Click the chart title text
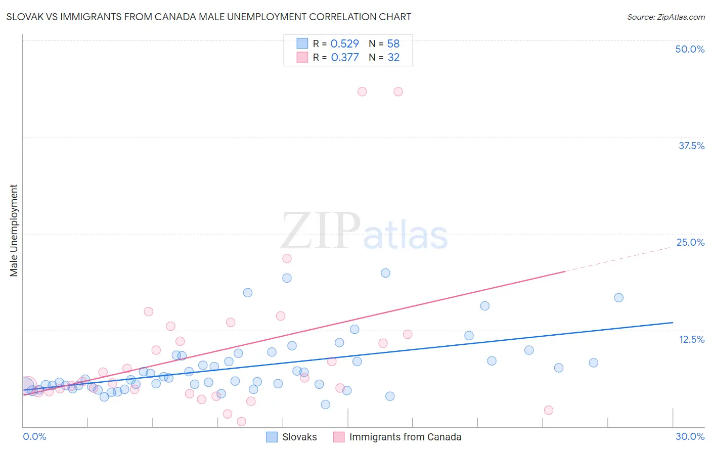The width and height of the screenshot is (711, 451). [x=208, y=17]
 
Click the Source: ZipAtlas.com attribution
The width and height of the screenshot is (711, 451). [x=665, y=17]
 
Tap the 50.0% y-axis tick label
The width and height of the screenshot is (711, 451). [x=690, y=49]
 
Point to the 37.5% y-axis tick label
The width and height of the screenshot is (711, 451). [x=691, y=146]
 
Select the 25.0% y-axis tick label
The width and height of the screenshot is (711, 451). [x=690, y=242]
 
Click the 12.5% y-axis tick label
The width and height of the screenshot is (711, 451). [x=691, y=339]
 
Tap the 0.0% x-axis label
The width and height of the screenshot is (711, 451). [x=34, y=436]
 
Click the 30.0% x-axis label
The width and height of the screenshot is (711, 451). [x=690, y=436]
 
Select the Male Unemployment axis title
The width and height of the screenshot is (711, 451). [x=14, y=231]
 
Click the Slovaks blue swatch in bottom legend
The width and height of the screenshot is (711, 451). [x=272, y=437]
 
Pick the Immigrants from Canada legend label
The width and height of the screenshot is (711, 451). [x=405, y=437]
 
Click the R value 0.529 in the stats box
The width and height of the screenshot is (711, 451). [x=344, y=43]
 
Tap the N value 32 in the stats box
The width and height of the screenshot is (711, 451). [x=393, y=57]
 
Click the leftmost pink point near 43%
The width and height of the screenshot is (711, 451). [x=362, y=92]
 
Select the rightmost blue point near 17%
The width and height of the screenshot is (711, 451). [x=618, y=298]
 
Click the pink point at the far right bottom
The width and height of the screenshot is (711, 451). [x=549, y=410]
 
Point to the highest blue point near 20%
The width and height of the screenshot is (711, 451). [x=385, y=273]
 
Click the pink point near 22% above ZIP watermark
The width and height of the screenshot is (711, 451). [x=287, y=258]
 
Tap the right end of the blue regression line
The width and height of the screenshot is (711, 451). [x=673, y=322]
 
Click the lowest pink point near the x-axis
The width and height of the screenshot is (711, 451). [x=241, y=422]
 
